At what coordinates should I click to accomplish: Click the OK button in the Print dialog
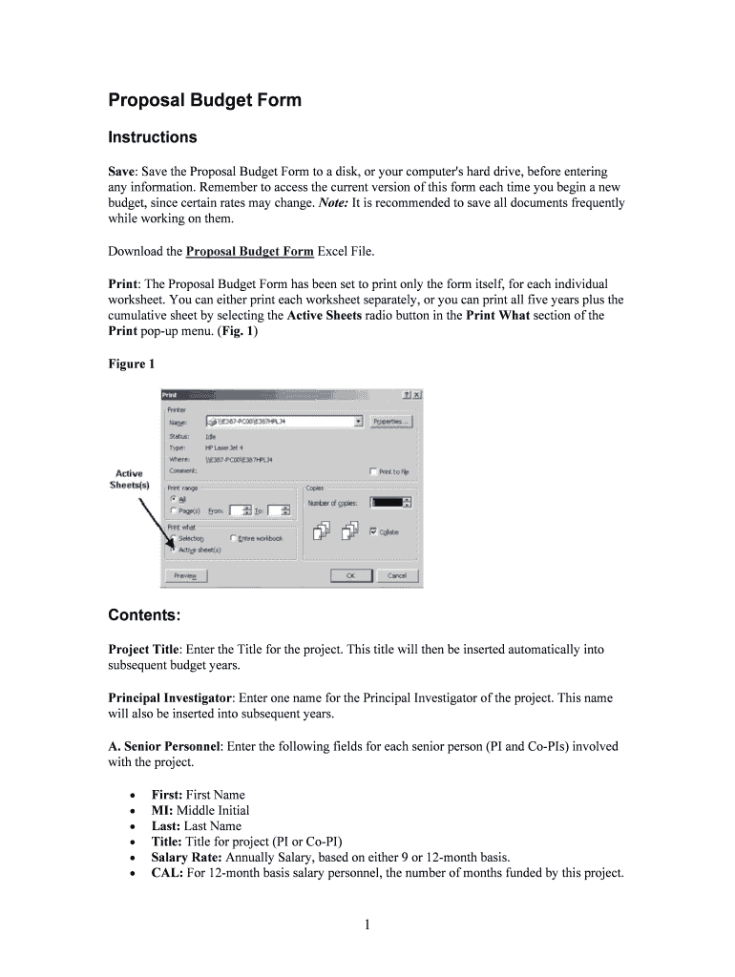(350, 575)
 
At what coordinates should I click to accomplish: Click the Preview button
(185, 575)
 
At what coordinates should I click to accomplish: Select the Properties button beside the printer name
(391, 421)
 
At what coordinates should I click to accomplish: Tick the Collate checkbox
(373, 531)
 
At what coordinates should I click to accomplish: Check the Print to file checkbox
(372, 470)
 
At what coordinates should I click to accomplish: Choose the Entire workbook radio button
(233, 538)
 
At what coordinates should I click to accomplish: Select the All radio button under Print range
(173, 498)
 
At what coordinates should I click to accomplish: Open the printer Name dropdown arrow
(358, 421)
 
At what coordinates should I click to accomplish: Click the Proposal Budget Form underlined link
(249, 251)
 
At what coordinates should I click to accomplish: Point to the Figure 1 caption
(132, 364)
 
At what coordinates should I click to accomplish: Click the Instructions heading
(152, 137)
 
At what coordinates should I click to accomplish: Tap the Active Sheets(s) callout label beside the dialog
(129, 479)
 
